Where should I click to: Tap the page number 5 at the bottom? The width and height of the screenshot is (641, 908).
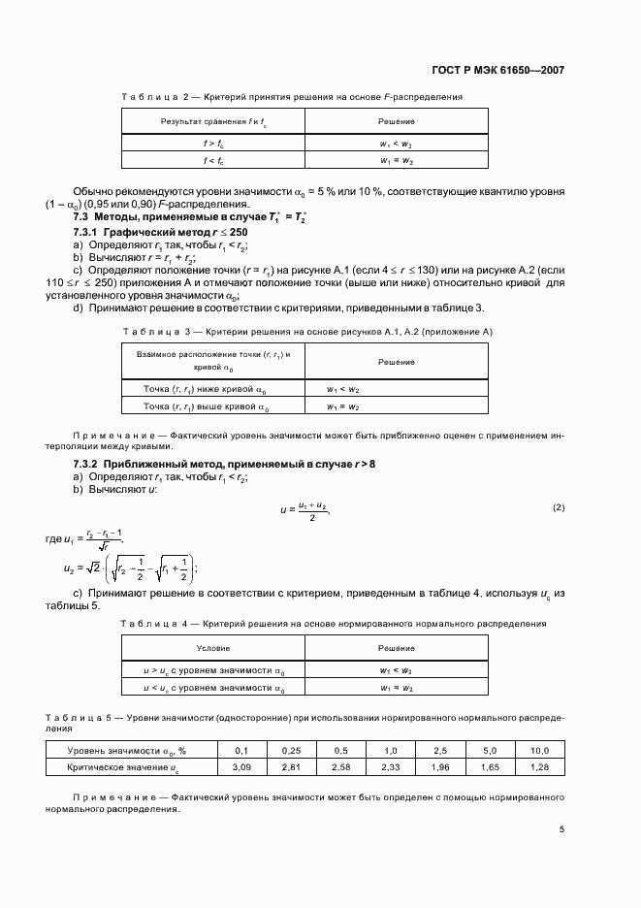point(561,829)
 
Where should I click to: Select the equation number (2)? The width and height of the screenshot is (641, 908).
point(559,507)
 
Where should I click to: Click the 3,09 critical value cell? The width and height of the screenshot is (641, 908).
point(242,766)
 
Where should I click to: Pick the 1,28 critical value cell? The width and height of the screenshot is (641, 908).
point(539,766)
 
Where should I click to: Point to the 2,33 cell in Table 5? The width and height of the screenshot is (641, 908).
point(392,766)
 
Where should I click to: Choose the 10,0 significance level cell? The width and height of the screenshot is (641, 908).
point(539,750)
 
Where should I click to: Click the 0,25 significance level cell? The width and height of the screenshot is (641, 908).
point(292,750)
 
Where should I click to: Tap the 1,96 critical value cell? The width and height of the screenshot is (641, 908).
point(440,766)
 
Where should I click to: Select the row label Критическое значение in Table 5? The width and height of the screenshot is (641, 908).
point(122,766)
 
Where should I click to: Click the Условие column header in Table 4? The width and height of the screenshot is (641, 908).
point(213,648)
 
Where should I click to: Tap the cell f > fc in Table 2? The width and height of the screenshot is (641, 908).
point(213,143)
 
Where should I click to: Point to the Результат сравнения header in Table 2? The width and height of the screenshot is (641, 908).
point(213,121)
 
